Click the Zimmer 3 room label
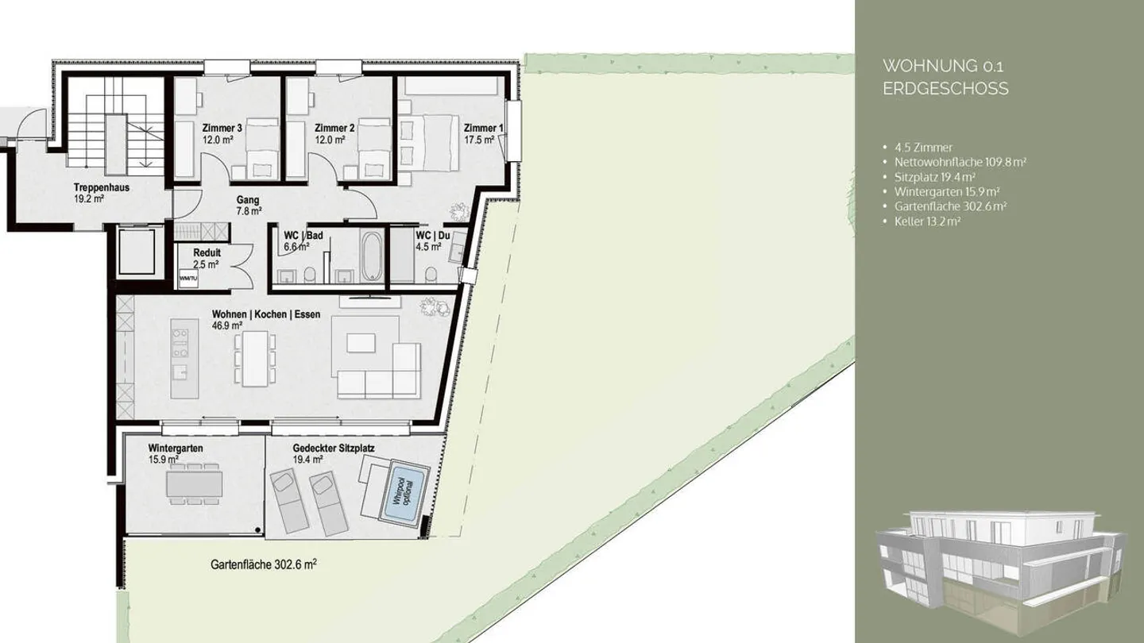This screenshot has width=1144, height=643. click(222, 128)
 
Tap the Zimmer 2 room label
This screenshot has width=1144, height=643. click(334, 128)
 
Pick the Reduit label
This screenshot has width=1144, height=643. click(207, 253)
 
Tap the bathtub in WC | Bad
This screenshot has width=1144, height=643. click(372, 256)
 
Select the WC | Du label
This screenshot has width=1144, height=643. click(432, 235)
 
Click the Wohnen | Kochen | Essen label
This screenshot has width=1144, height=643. click(265, 314)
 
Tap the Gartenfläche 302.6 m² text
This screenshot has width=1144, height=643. click(264, 565)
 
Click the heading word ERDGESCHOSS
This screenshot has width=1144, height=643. click(945, 89)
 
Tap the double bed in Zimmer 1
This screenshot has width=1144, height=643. click(427, 142)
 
